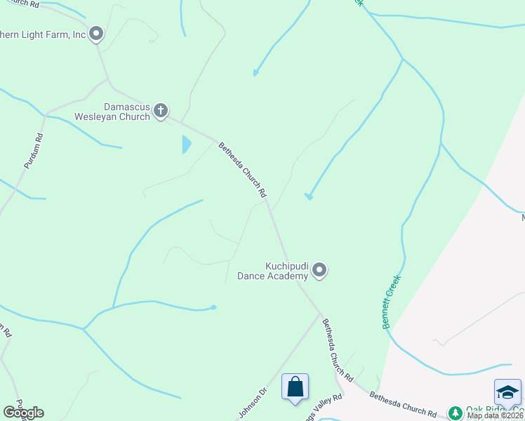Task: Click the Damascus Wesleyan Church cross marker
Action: coord(161,110)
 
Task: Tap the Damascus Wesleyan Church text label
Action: coord(127,112)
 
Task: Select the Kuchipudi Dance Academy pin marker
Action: coord(319,270)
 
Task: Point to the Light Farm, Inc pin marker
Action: coord(96,34)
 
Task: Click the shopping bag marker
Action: coord(295,387)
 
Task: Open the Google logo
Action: coord(23,413)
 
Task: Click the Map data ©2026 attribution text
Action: coord(495,415)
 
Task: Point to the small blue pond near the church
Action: coord(186,145)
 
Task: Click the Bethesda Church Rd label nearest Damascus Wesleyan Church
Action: coord(243,169)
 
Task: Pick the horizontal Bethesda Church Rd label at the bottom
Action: coord(403,406)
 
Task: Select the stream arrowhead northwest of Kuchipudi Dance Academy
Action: coord(307,196)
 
